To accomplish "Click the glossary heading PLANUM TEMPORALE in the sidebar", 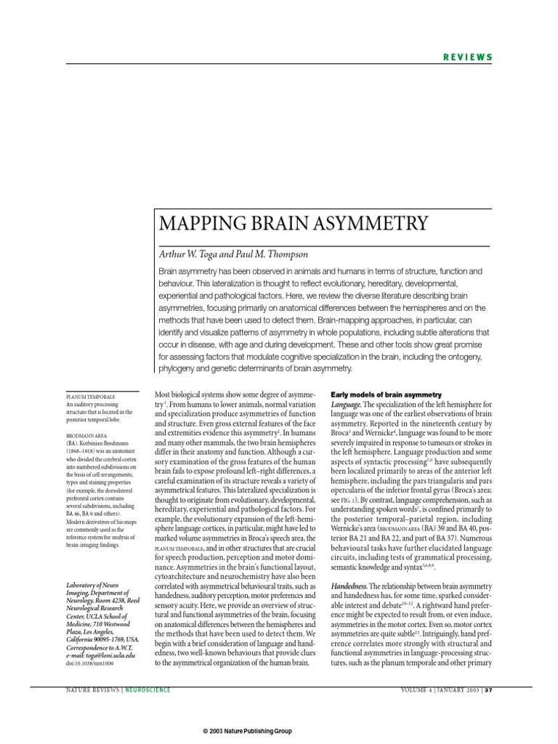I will point(91,397).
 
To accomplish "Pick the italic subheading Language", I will point(346,403).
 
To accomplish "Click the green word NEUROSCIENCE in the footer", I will point(148,689).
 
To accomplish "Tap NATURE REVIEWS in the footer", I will point(94,689).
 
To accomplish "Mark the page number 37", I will point(490,689).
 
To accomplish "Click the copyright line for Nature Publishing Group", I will point(247,730).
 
